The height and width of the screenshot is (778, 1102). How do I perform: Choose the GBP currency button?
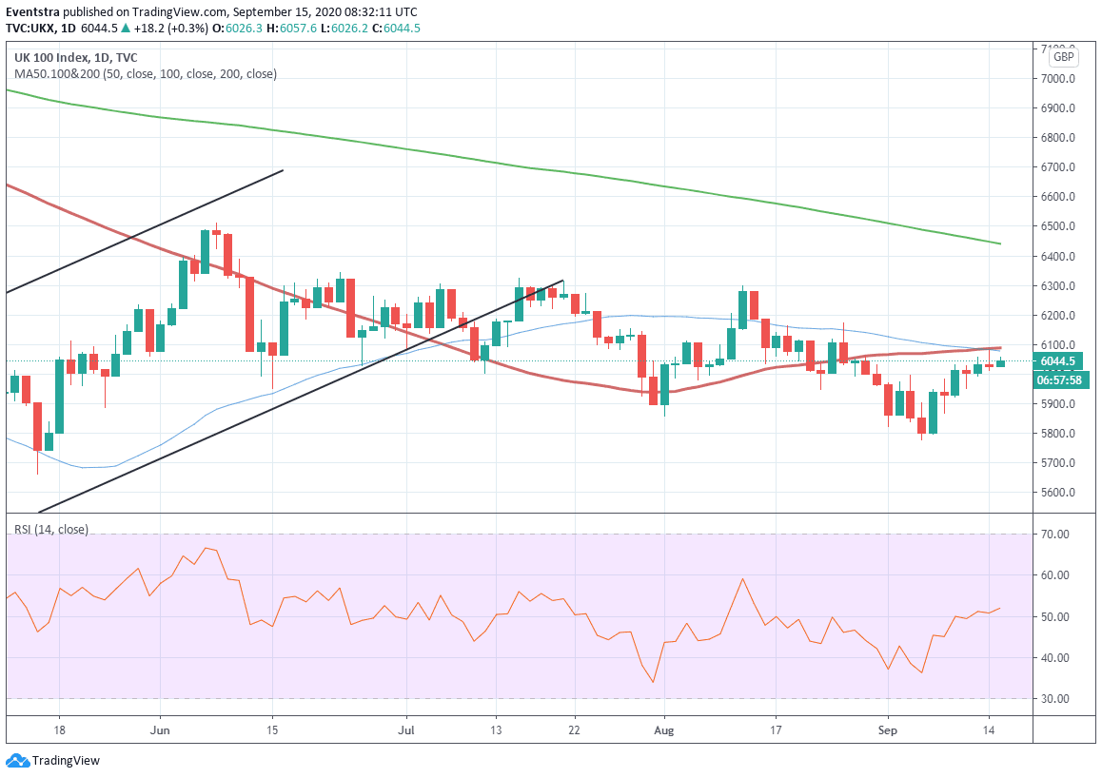pyautogui.click(x=1063, y=57)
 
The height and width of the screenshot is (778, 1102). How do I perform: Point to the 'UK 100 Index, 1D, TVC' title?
pyautogui.click(x=75, y=57)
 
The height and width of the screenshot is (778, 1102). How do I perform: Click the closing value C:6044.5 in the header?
pyautogui.click(x=396, y=29)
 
